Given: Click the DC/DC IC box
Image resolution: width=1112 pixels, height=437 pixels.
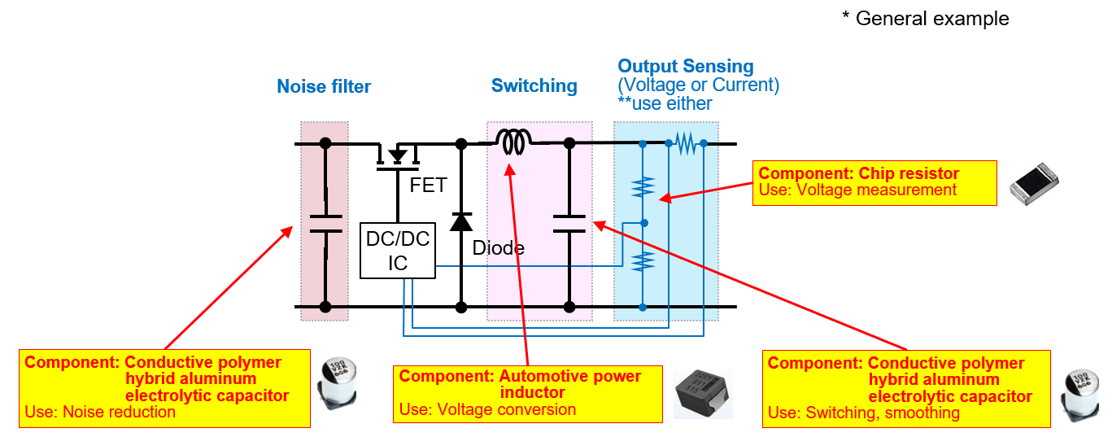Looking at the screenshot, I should [x=397, y=251].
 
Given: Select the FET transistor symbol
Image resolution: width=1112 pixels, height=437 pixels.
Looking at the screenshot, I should [x=397, y=156].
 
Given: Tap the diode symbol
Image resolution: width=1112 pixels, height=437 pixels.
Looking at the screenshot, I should [x=461, y=221].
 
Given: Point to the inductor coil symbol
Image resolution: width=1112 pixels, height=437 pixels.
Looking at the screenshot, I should [x=513, y=143].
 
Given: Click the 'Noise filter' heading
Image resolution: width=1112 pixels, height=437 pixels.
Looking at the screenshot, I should [x=324, y=86].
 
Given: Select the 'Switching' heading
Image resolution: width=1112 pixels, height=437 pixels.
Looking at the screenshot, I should [x=534, y=85].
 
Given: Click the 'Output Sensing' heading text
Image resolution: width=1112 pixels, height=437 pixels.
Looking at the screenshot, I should [x=685, y=67].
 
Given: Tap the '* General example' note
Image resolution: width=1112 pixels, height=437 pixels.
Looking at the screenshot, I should [x=925, y=19].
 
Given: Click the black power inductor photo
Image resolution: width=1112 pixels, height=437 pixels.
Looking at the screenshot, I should [x=704, y=393].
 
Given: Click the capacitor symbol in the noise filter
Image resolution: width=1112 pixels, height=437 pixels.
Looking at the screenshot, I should [x=325, y=224].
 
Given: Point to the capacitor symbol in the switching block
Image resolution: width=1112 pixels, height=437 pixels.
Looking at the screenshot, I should [x=569, y=224].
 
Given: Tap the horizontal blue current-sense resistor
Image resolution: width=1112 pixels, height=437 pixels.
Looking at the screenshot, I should [x=687, y=144].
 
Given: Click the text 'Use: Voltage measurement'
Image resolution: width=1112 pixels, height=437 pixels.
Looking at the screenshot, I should [x=857, y=190].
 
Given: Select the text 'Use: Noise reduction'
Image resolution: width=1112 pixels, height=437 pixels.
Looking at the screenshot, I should [x=100, y=412].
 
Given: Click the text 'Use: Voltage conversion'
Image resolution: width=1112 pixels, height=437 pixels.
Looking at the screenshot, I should [x=487, y=409].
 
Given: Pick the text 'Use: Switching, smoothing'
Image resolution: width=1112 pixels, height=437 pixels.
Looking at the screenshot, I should [x=864, y=413].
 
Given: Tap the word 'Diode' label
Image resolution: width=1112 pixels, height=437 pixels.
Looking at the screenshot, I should [x=498, y=248].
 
